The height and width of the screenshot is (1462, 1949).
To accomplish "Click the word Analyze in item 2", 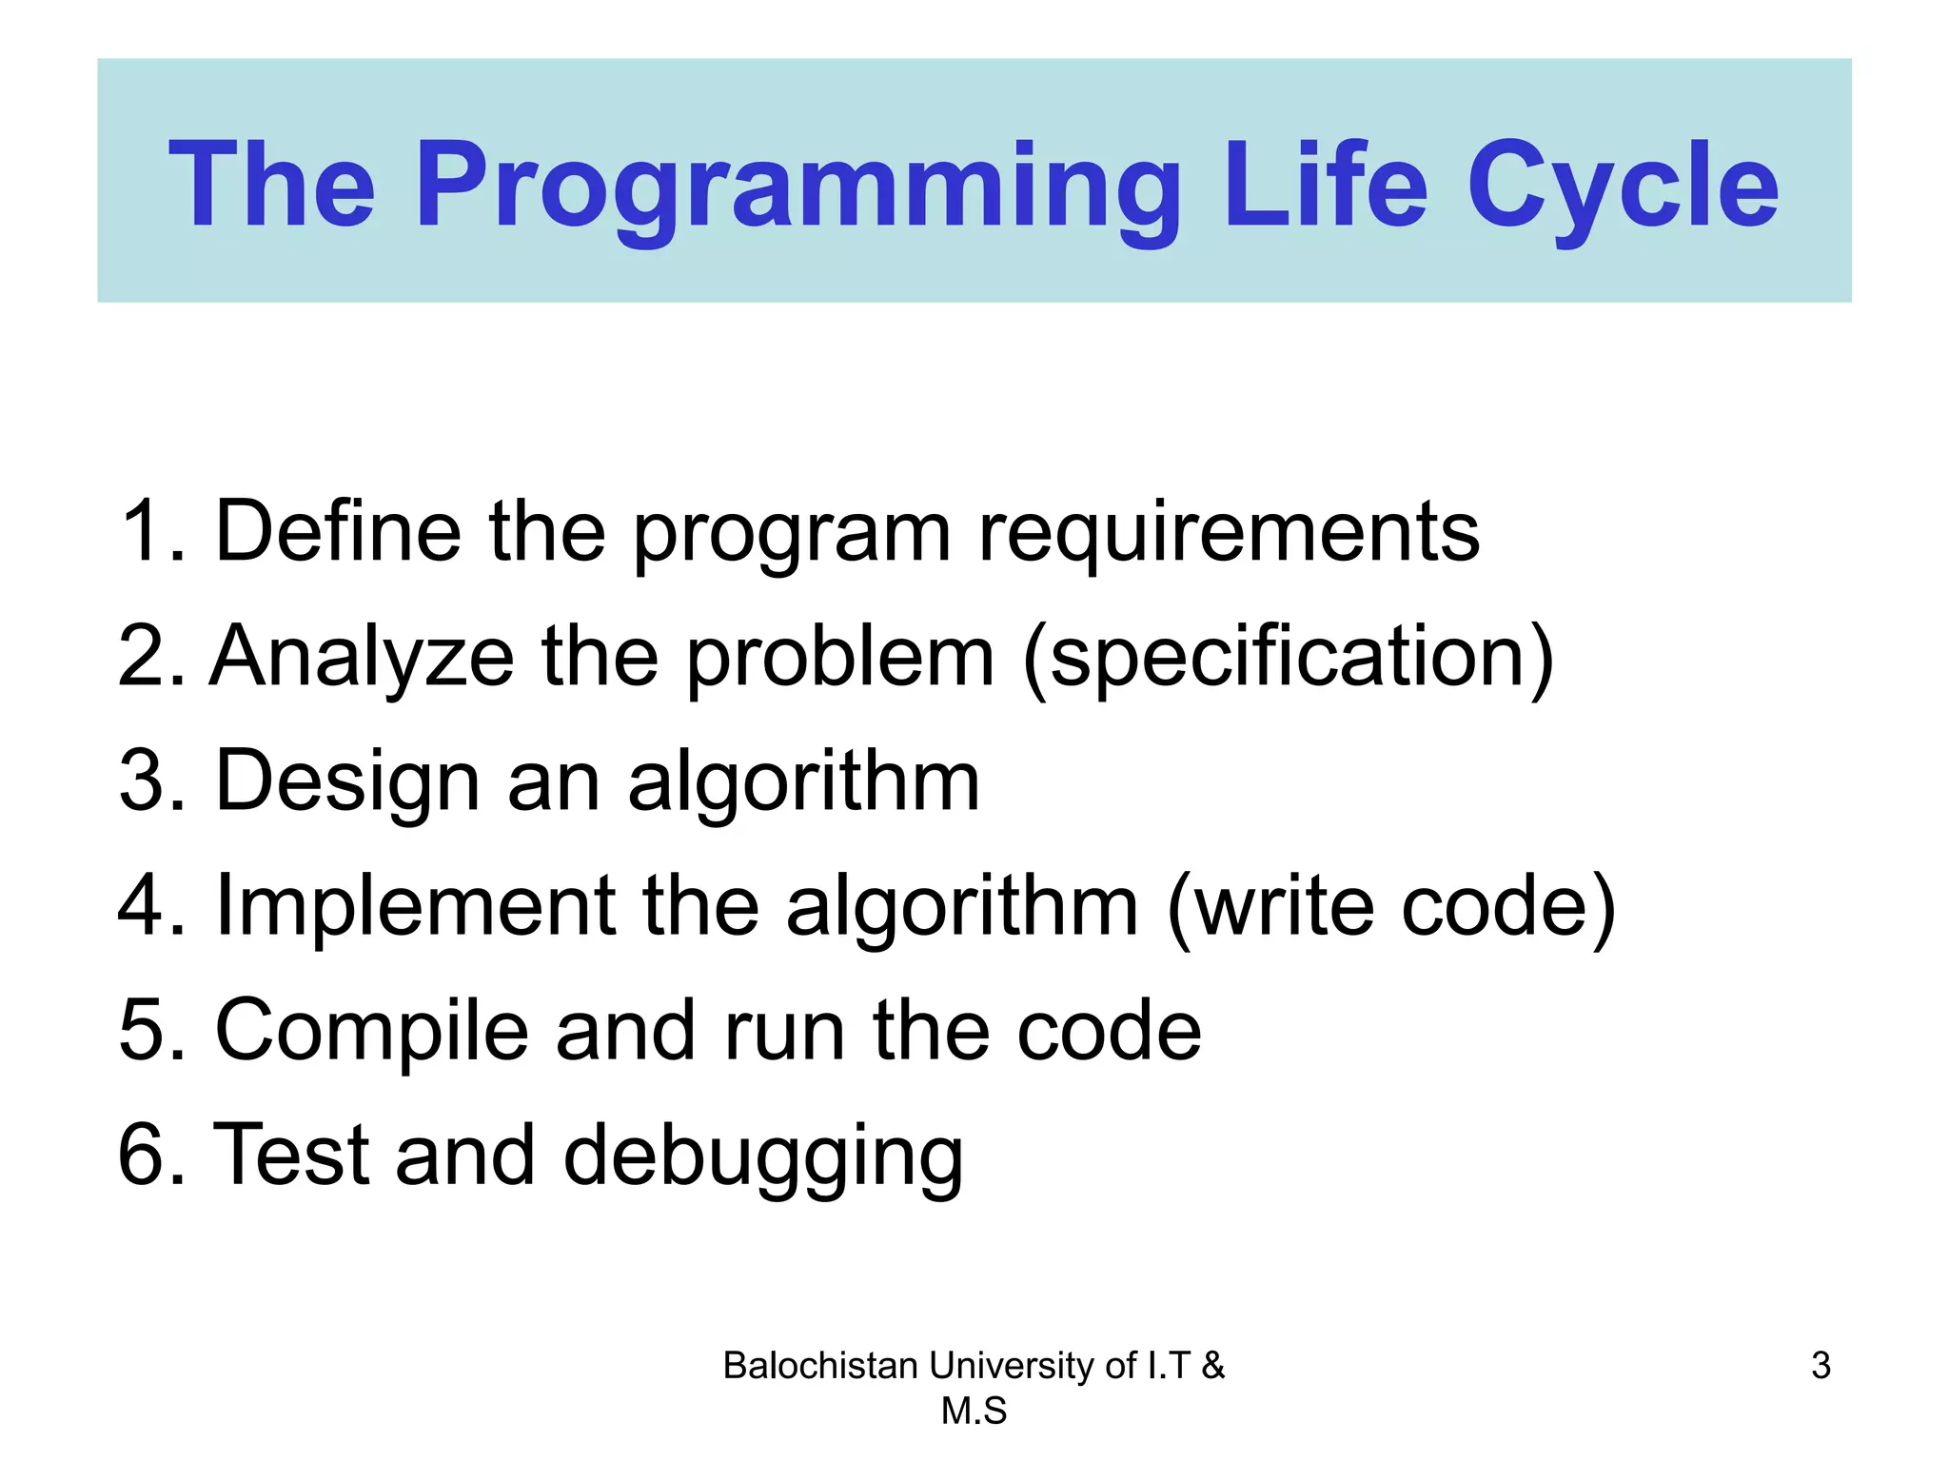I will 362,657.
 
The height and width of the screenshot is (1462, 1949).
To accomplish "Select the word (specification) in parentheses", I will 1289,657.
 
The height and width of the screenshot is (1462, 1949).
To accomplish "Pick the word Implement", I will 416,905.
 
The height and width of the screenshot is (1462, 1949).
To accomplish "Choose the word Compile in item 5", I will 372,1030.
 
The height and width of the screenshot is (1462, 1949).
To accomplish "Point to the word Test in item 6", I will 290,1155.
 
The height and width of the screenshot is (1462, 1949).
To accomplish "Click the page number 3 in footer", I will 1821,1366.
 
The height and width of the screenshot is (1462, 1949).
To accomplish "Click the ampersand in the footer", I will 1212,1366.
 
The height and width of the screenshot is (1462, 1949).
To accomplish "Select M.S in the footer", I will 974,1411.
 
